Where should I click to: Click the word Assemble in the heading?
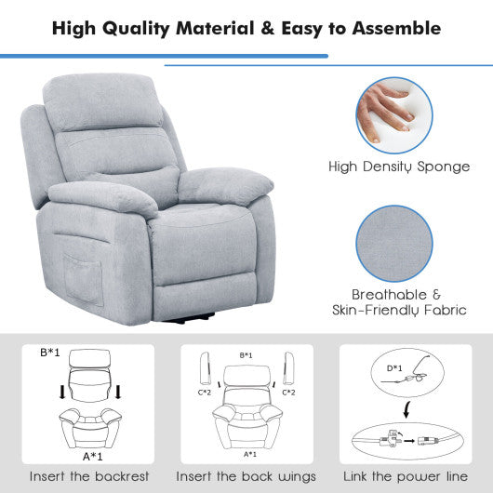[x=390, y=28]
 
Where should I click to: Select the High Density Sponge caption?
[x=398, y=167]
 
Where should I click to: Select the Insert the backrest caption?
[x=89, y=476]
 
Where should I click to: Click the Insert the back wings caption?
[x=246, y=476]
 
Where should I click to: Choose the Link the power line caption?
[x=403, y=476]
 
